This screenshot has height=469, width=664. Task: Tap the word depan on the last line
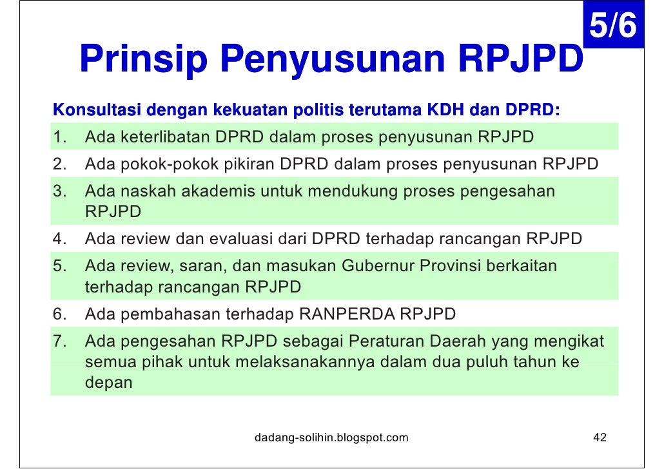pyautogui.click(x=108, y=383)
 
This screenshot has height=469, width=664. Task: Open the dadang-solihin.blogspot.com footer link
pyautogui.click(x=331, y=438)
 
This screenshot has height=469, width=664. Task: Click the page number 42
pyautogui.click(x=600, y=438)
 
